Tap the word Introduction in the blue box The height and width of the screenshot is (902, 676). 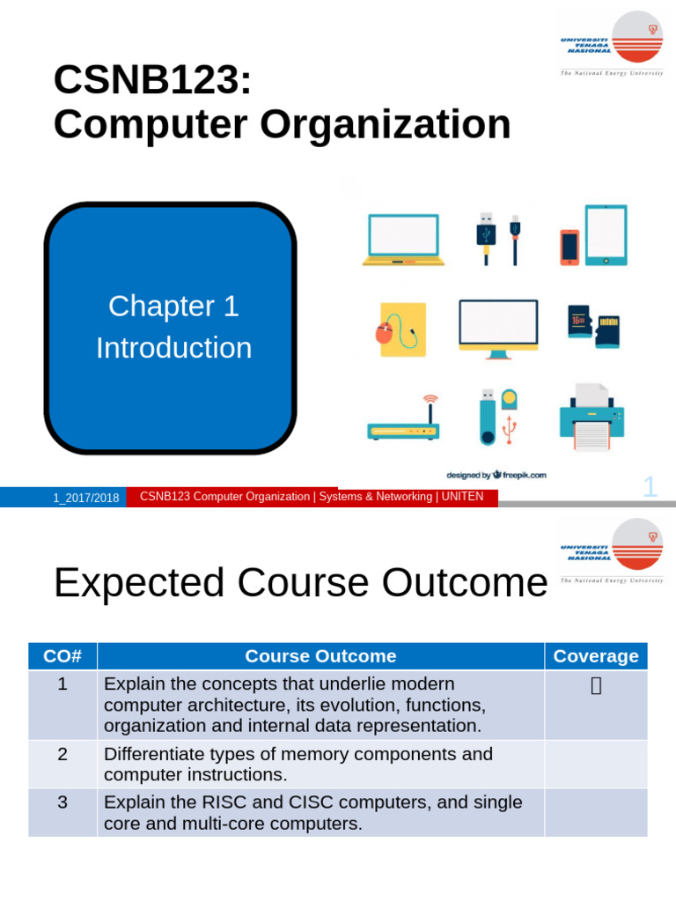[x=173, y=348]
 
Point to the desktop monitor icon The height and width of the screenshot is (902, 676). [x=498, y=328]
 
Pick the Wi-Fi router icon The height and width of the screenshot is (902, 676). [x=403, y=422]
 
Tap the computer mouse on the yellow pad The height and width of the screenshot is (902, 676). [x=385, y=334]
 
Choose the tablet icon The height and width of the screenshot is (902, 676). [x=606, y=235]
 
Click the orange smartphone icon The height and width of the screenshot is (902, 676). [x=569, y=247]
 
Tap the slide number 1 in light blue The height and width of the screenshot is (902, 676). [x=650, y=486]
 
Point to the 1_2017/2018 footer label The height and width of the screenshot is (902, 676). [x=85, y=498]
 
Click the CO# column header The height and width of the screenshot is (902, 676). [x=62, y=656]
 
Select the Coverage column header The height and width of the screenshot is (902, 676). [x=596, y=656]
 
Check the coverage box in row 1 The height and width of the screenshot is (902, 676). [x=596, y=685]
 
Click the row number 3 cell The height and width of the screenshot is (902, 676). [x=62, y=802]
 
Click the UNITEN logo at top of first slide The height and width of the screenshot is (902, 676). [x=612, y=41]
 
